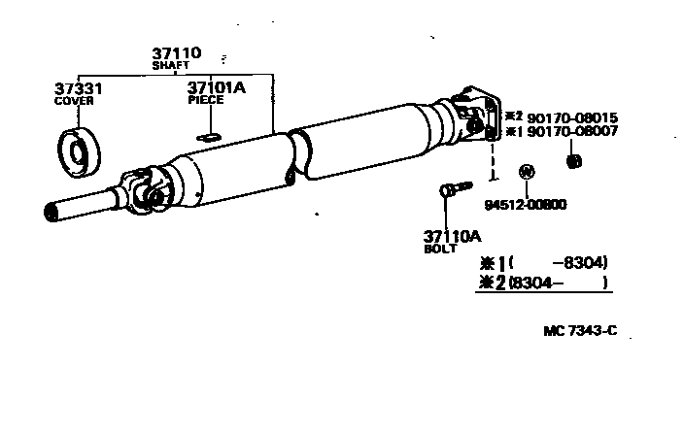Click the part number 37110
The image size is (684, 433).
click(175, 53)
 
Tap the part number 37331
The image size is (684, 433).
click(78, 88)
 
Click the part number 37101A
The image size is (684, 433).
click(216, 87)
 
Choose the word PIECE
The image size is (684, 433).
click(205, 99)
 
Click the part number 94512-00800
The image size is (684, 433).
click(525, 204)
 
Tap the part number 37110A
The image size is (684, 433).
click(452, 236)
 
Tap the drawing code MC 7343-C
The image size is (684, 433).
click(580, 330)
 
